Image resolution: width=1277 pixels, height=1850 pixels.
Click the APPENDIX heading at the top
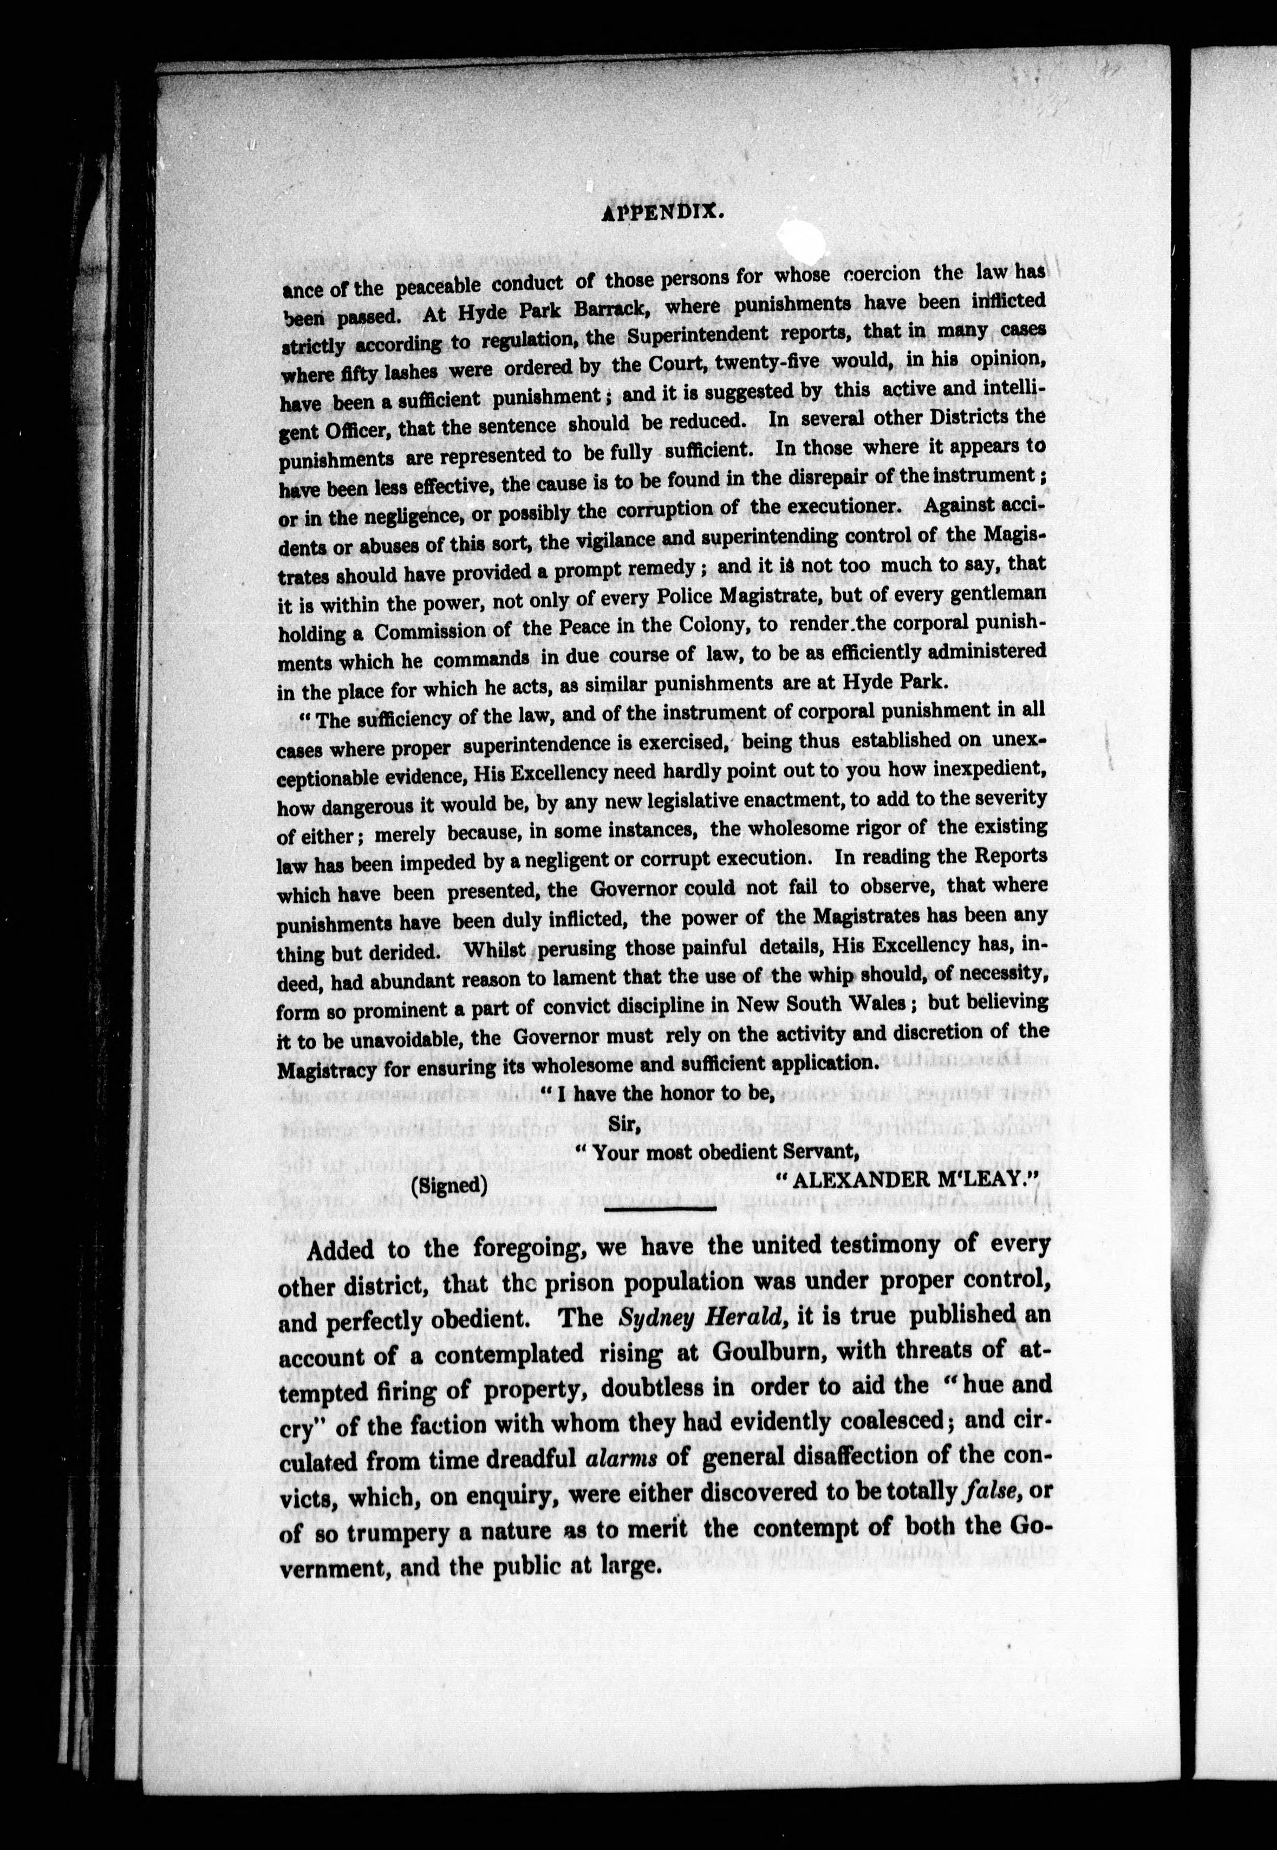662,213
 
